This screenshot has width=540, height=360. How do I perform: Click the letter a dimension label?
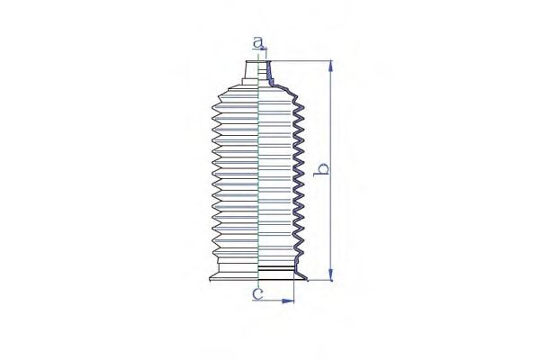pos(258,42)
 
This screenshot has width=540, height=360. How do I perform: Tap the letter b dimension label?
pos(321,170)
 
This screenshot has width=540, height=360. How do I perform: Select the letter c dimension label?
pos(257,293)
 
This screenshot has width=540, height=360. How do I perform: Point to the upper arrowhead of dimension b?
pos(331,66)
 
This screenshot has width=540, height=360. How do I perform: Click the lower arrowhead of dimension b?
pos(331,275)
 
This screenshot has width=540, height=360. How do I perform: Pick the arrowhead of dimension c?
pos(288,301)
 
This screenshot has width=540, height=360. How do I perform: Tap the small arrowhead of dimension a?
pos(264,50)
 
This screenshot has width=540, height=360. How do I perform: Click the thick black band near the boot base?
pos(276,267)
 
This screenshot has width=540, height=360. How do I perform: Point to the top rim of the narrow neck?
pos(258,62)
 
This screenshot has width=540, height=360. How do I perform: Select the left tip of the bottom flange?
pos(210,280)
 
